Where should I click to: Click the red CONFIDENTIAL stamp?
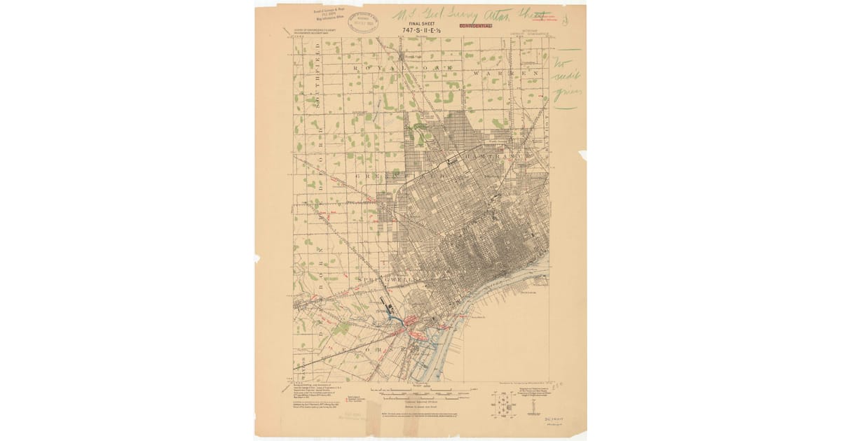click(476, 25)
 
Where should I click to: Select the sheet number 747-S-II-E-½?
click(421, 31)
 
